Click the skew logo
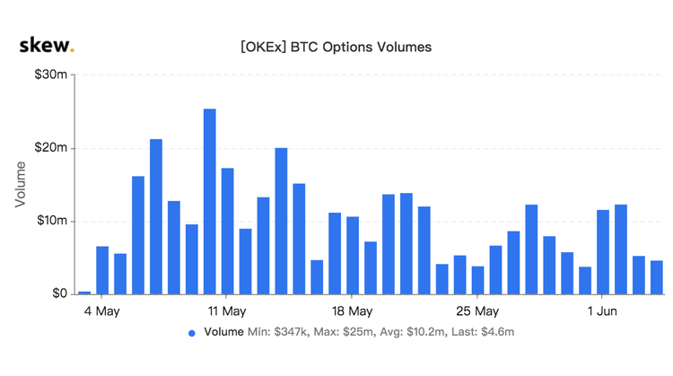click(x=48, y=45)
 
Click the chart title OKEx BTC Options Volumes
click(x=336, y=46)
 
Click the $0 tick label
click(x=56, y=293)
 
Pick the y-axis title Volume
click(x=21, y=184)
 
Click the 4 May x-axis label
click(x=102, y=311)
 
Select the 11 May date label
click(x=226, y=311)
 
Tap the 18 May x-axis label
click(x=352, y=311)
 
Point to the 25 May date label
click(x=476, y=311)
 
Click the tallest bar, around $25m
click(x=210, y=201)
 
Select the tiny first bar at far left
click(x=84, y=292)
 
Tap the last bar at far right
click(x=657, y=276)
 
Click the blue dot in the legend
click(x=191, y=333)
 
